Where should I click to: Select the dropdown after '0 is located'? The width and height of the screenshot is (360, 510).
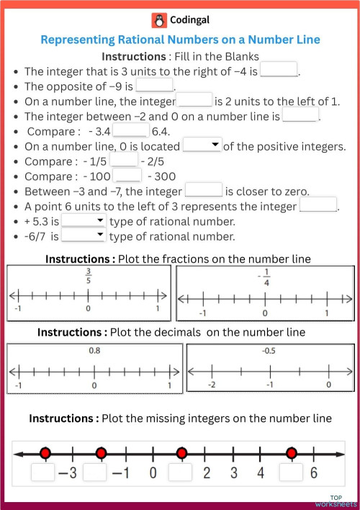pyautogui.click(x=202, y=146)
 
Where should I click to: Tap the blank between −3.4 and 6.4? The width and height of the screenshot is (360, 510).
pyautogui.click(x=130, y=131)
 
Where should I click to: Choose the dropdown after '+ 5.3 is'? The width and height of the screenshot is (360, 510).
pyautogui.click(x=84, y=221)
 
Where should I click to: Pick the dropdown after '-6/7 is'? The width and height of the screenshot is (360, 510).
pyautogui.click(x=84, y=236)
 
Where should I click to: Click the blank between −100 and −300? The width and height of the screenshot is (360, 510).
pyautogui.click(x=128, y=176)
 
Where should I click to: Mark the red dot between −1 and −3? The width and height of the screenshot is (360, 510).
pyautogui.click(x=101, y=453)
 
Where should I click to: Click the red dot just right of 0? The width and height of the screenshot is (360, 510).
pyautogui.click(x=181, y=453)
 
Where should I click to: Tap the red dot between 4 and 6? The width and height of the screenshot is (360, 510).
pyautogui.click(x=291, y=453)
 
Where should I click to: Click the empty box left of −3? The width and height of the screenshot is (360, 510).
pyautogui.click(x=43, y=473)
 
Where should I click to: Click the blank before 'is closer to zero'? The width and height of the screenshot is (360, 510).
pyautogui.click(x=204, y=191)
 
